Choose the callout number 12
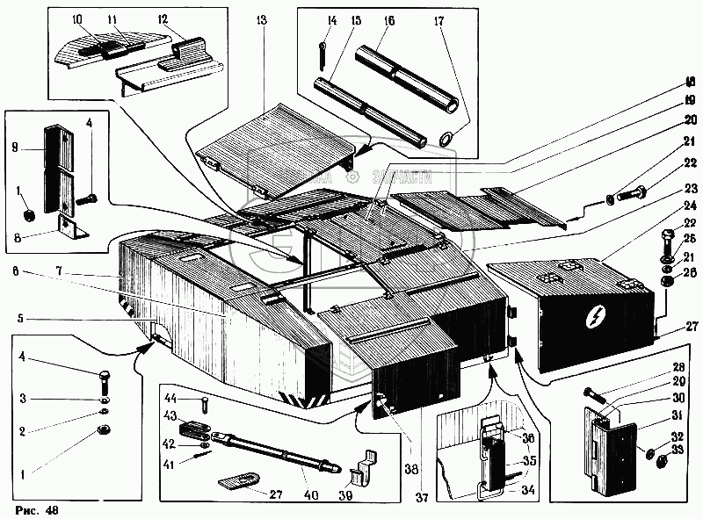point(163,19)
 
